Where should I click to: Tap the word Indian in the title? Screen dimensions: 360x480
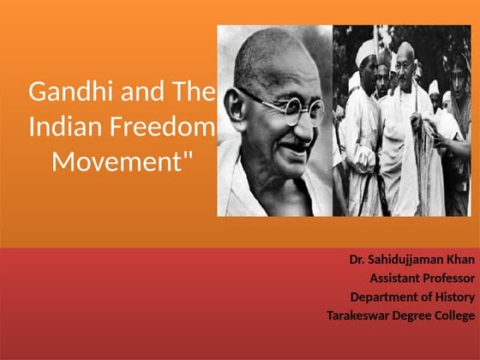click(59, 127)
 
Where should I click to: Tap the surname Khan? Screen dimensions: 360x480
click(460, 259)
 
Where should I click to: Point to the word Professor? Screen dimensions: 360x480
click(451, 278)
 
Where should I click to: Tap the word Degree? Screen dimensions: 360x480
click(413, 315)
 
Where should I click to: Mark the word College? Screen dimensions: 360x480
click(455, 315)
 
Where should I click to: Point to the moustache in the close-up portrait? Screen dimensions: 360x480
click(296, 137)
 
